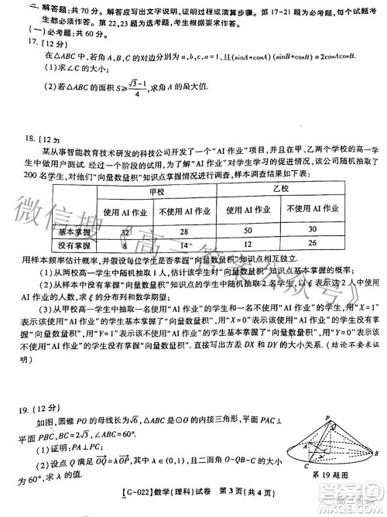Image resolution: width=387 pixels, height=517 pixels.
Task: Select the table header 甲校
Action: click(x=156, y=190)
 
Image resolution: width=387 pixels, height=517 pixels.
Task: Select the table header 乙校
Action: click(x=281, y=190)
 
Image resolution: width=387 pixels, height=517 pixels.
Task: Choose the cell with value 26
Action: click(x=312, y=245)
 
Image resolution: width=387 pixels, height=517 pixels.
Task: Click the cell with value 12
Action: click(x=247, y=245)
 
